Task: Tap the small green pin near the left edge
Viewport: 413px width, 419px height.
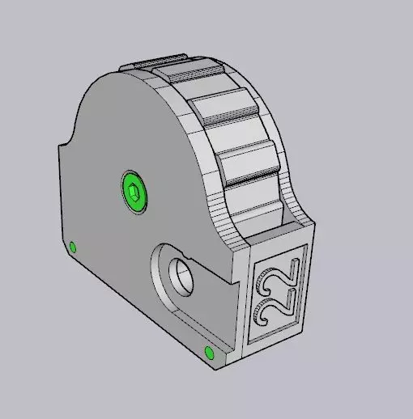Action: click(x=72, y=247)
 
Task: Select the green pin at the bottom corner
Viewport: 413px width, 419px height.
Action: click(x=209, y=353)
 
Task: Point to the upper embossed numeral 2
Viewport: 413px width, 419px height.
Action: click(x=279, y=277)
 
